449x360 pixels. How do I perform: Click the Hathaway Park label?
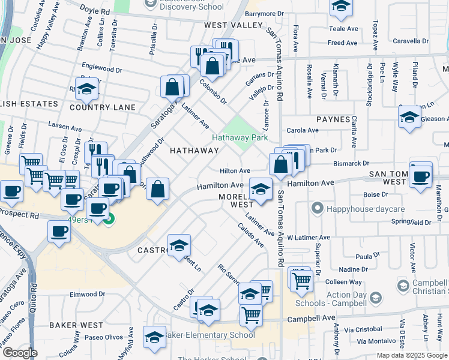(240, 137)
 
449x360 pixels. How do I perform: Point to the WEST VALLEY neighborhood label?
(234, 25)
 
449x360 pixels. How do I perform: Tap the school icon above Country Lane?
(86, 89)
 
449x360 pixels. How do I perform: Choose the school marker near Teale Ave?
(341, 6)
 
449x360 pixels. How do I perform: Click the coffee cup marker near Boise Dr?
(421, 176)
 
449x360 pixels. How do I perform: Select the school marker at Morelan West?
(260, 190)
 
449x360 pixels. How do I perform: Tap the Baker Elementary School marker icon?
(155, 337)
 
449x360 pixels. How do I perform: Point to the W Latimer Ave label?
(309, 238)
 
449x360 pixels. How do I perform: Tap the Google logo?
(20, 353)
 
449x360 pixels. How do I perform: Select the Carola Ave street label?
(302, 130)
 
